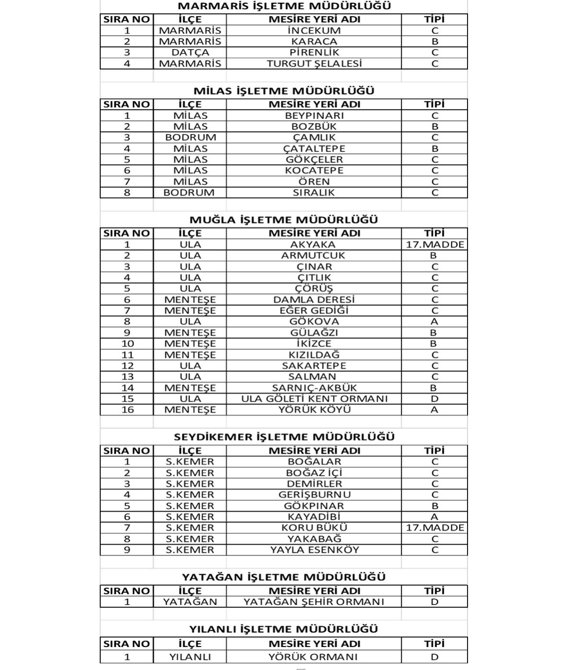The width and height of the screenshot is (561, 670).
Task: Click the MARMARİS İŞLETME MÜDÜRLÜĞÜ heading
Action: (x=284, y=6)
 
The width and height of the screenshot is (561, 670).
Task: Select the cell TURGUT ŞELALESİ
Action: (x=314, y=64)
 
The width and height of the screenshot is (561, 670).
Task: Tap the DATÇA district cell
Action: (x=190, y=52)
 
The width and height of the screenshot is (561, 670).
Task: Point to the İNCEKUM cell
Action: (x=314, y=30)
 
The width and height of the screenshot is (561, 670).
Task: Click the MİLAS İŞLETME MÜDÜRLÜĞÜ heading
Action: (x=284, y=91)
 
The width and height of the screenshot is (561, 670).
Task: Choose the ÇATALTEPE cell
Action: (x=314, y=149)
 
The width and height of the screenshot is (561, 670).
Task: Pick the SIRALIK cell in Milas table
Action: (x=314, y=193)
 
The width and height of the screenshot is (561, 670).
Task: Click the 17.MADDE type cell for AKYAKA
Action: (x=434, y=244)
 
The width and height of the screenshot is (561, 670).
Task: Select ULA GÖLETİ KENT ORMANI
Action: (x=314, y=399)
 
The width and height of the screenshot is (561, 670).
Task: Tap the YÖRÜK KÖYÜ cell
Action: (x=314, y=410)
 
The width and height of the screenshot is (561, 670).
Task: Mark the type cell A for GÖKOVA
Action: (x=434, y=322)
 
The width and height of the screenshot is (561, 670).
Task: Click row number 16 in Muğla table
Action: (x=127, y=410)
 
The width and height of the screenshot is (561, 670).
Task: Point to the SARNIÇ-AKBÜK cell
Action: (x=314, y=388)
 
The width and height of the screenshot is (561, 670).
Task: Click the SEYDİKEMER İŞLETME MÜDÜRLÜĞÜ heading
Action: (x=284, y=437)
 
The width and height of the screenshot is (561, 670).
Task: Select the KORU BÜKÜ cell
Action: (x=314, y=528)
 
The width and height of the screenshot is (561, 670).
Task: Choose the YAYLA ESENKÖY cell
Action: (x=314, y=550)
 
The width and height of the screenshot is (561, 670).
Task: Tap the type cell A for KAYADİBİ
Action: (x=434, y=517)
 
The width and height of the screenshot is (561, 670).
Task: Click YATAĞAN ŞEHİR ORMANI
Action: (x=314, y=602)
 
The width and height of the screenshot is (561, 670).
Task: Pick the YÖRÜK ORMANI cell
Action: (x=314, y=657)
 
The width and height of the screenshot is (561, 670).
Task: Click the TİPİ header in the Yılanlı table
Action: (x=434, y=644)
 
